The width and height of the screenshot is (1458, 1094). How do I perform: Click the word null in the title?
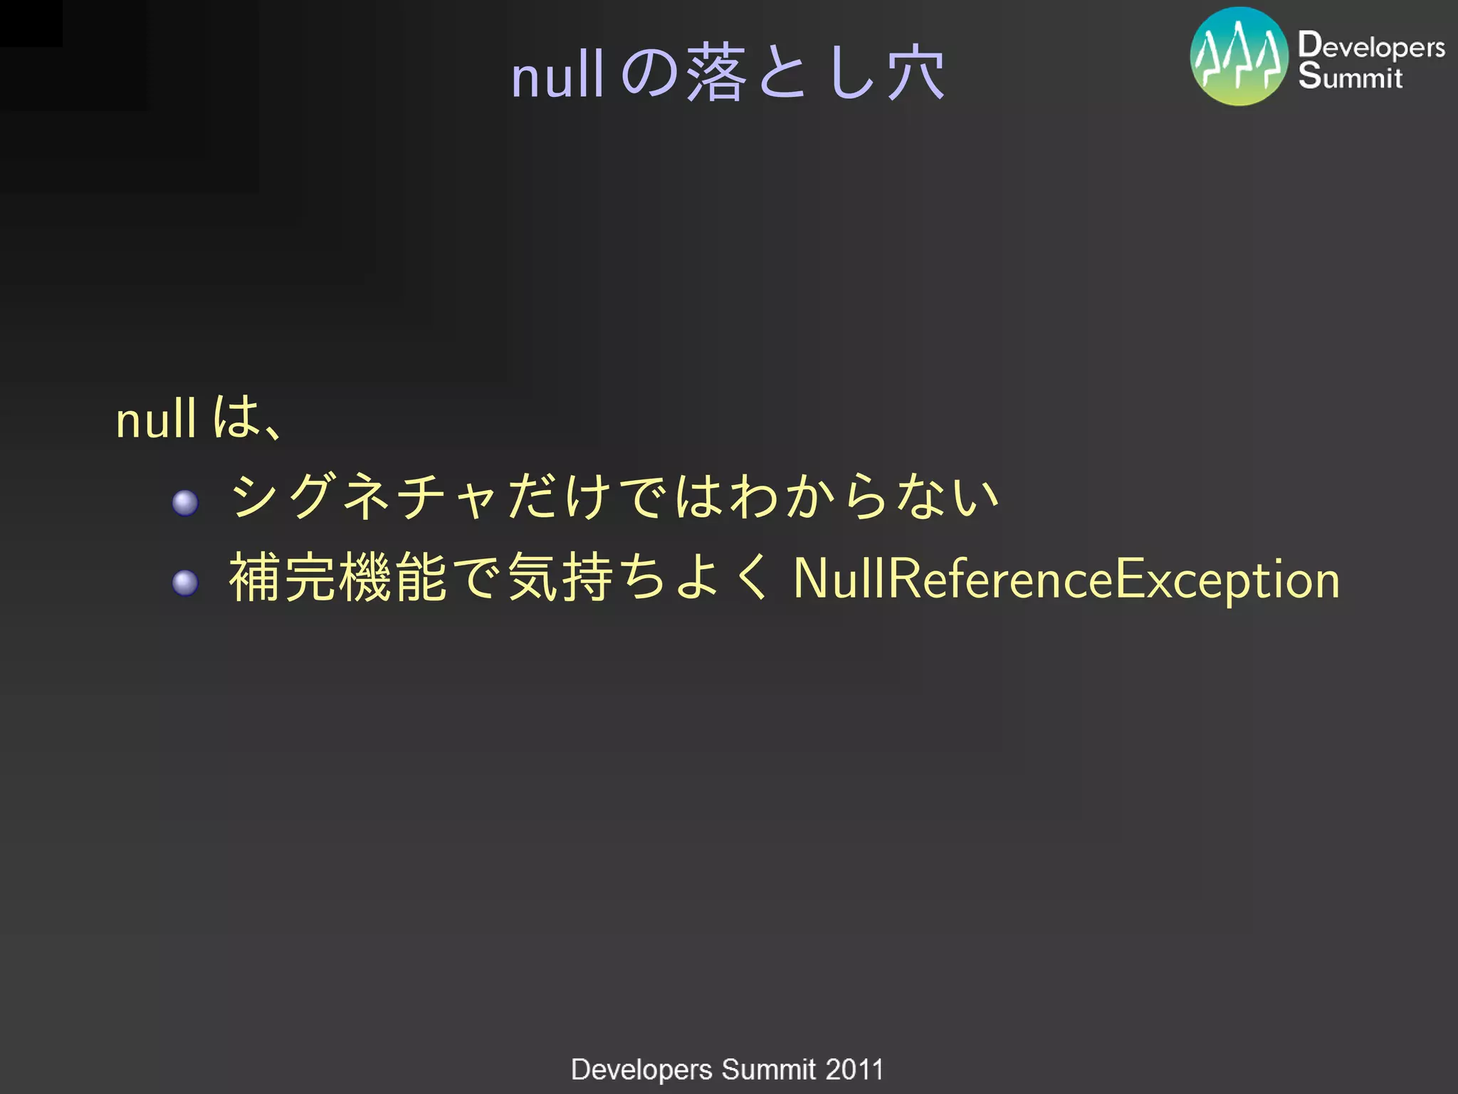point(557,75)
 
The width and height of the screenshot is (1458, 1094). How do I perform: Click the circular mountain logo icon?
point(1239,57)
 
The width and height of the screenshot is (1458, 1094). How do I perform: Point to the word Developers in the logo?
point(1371,46)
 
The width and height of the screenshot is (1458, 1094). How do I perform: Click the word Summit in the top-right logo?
point(1350,77)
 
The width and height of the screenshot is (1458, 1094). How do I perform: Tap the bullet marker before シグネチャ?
point(185,503)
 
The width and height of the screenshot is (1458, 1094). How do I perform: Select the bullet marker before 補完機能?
point(185,583)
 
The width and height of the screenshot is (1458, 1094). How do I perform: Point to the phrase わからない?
point(865,496)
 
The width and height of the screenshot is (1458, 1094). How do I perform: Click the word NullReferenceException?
point(1066,579)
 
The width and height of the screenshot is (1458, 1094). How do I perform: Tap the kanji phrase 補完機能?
point(338,578)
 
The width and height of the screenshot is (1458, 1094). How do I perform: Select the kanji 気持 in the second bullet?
point(561,578)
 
